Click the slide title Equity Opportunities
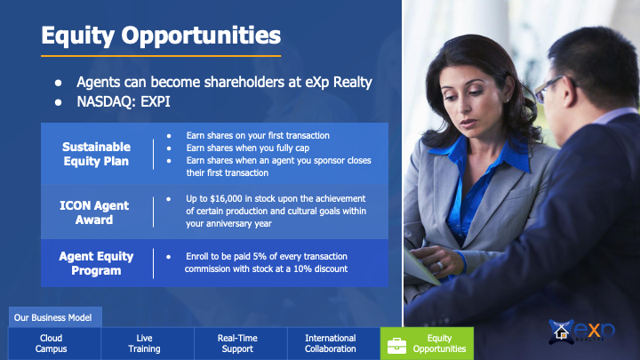coord(161,35)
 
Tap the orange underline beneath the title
coord(161,56)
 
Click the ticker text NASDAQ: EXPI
coord(124,101)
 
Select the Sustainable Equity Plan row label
coord(96,154)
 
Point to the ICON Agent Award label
coord(94,212)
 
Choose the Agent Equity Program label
coord(96,263)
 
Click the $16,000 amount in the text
coord(226,199)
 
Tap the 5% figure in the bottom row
coord(260,256)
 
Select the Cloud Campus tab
coord(51,343)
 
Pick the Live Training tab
coord(144,343)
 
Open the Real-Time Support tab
coord(237,343)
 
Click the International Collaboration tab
coord(330,343)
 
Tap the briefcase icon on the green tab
coord(396,346)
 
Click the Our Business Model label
coord(52,317)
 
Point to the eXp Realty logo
coord(581,332)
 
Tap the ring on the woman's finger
coord(440,266)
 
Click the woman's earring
coord(507,100)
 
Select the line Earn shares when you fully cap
coord(248,148)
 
